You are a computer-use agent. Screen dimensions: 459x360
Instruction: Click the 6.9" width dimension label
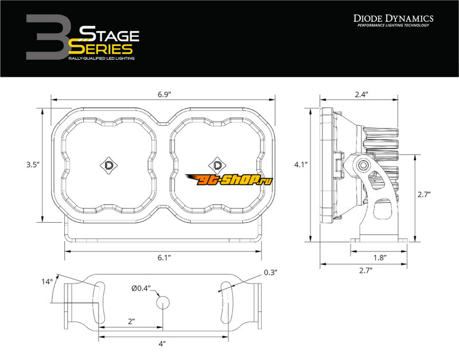click(x=164, y=95)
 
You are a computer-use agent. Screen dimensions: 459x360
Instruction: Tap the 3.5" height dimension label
click(x=33, y=165)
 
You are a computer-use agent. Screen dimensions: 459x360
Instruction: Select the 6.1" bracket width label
click(x=164, y=258)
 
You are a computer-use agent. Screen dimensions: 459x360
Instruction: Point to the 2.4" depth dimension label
click(x=361, y=95)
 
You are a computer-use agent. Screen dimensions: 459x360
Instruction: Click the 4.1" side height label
click(x=301, y=165)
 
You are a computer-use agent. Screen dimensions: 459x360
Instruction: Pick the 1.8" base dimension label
click(x=380, y=258)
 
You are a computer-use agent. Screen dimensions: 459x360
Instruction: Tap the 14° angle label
click(x=47, y=282)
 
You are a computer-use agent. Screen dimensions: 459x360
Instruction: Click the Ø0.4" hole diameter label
click(x=141, y=289)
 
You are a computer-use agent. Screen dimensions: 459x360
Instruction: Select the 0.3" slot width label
click(x=270, y=273)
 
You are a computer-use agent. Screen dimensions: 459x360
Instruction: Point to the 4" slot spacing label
click(x=162, y=343)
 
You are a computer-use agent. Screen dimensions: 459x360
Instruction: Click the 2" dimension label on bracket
click(x=131, y=322)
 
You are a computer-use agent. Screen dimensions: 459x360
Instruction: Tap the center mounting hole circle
click(x=163, y=303)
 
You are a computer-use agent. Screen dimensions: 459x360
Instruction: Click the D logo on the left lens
click(x=108, y=165)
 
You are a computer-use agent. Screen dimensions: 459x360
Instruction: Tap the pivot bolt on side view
click(x=363, y=165)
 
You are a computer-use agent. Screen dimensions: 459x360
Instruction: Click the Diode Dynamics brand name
click(x=394, y=18)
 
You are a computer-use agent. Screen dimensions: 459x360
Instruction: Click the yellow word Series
click(x=100, y=49)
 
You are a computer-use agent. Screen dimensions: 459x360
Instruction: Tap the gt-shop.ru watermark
click(x=228, y=180)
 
